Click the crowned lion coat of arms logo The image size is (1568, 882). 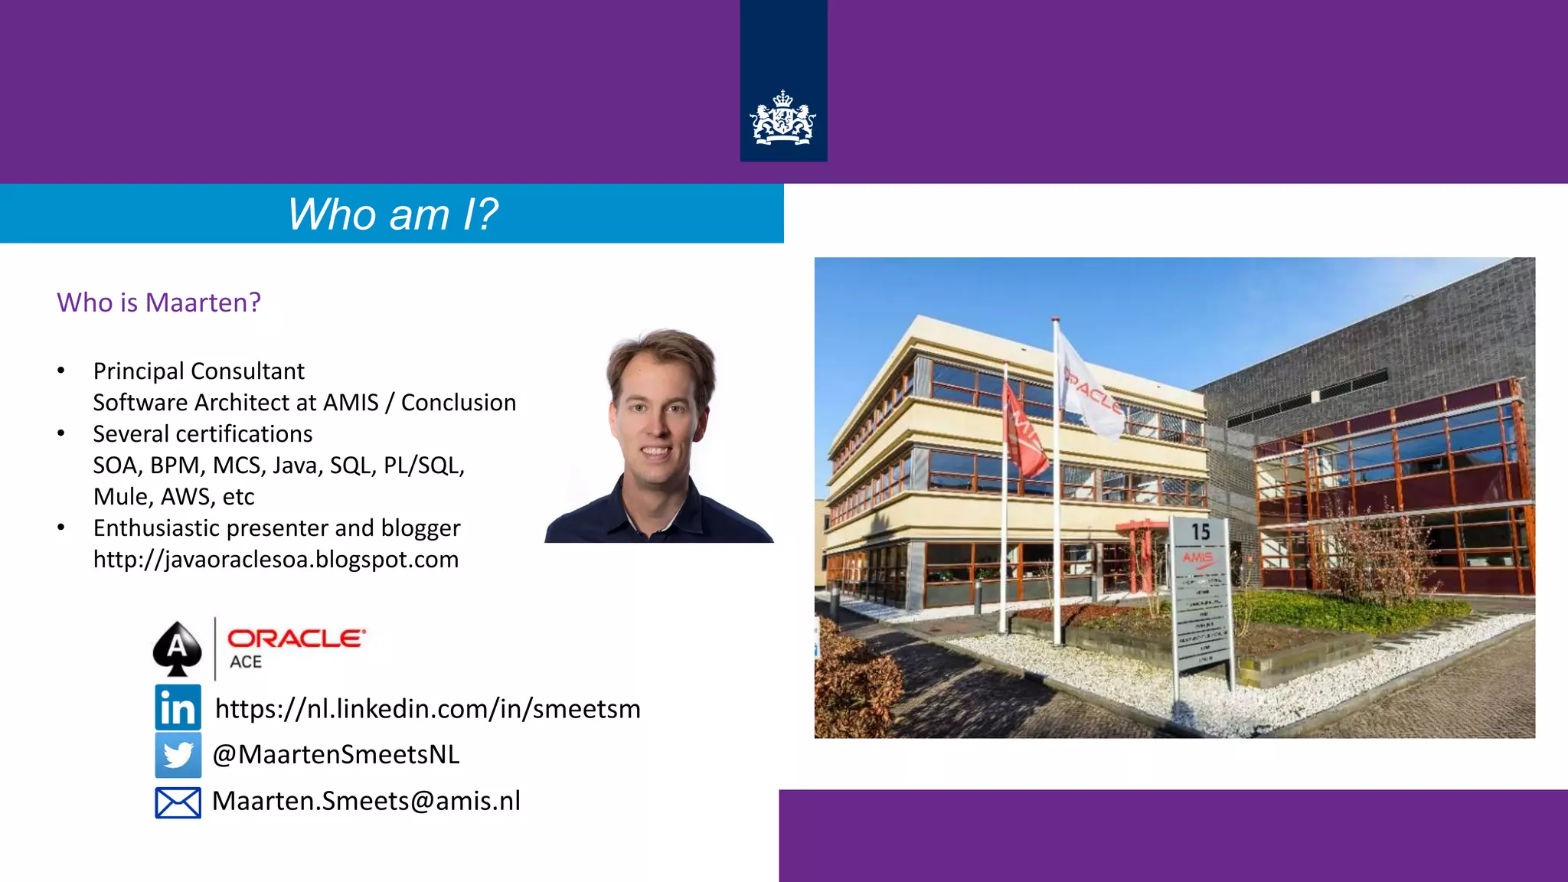pyautogui.click(x=782, y=119)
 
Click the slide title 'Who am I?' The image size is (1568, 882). pyautogui.click(x=392, y=214)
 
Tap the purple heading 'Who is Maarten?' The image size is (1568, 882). pyautogui.click(x=158, y=302)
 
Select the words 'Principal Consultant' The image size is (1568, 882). pyautogui.click(x=198, y=371)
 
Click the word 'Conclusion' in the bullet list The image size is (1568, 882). pyautogui.click(x=458, y=403)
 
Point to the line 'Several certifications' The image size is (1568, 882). pyautogui.click(x=202, y=434)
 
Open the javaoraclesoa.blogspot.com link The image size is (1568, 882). pyautogui.click(x=276, y=560)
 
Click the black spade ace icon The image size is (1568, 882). pyautogui.click(x=177, y=648)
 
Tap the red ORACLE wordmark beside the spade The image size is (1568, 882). pyautogui.click(x=296, y=639)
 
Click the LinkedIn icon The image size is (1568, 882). pyautogui.click(x=178, y=707)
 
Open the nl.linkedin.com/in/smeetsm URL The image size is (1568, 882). pyautogui.click(x=427, y=709)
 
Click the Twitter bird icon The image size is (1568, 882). pyautogui.click(x=178, y=755)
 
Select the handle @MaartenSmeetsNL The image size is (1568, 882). pyautogui.click(x=335, y=755)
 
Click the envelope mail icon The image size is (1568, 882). pyautogui.click(x=178, y=802)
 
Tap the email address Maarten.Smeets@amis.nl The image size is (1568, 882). pyautogui.click(x=366, y=801)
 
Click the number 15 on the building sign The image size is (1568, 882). pyautogui.click(x=1200, y=532)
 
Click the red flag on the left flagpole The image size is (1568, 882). pyautogui.click(x=1024, y=433)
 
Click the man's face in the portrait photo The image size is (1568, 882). pyautogui.click(x=657, y=417)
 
